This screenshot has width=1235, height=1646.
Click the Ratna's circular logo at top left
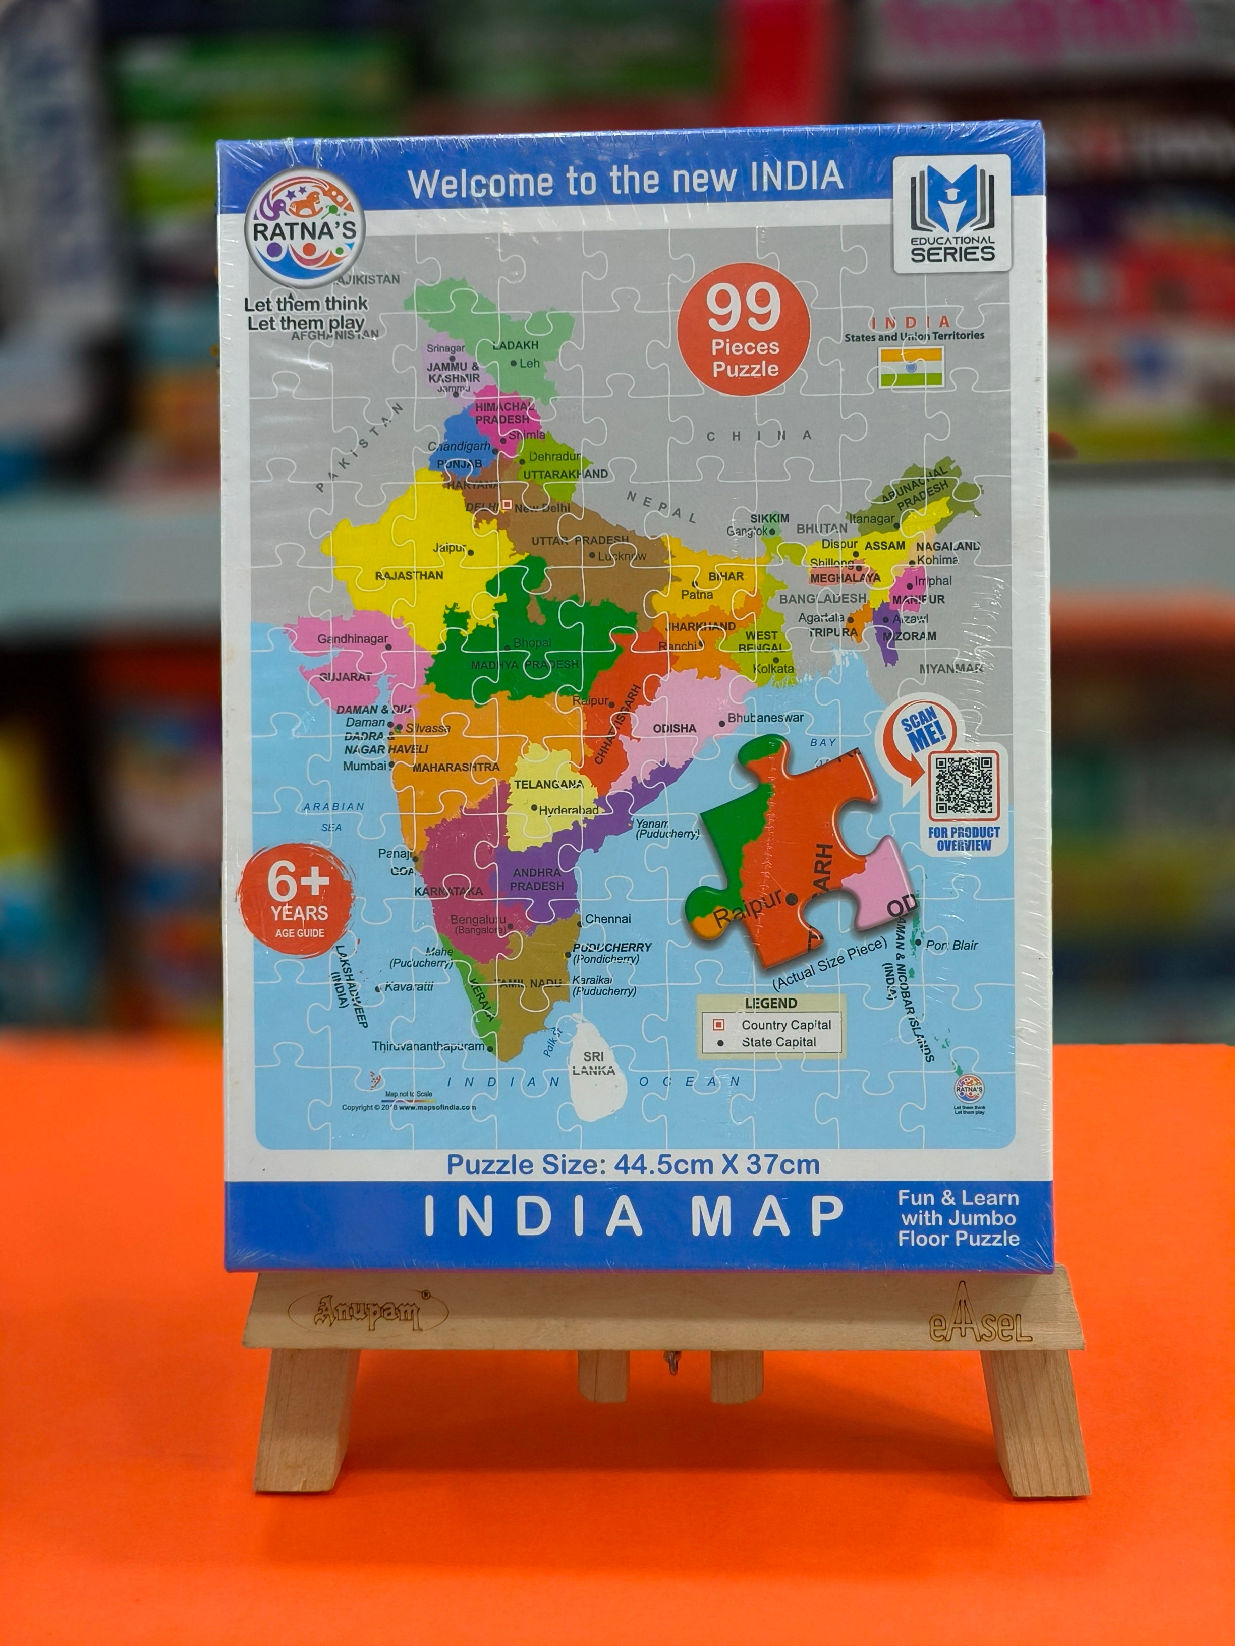pos(305,231)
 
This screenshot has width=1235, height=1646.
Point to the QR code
pos(964,786)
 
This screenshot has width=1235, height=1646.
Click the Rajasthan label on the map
pos(409,575)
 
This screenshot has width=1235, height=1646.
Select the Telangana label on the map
pos(549,784)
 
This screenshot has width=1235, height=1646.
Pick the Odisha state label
pos(675,728)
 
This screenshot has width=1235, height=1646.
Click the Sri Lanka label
pos(593,1064)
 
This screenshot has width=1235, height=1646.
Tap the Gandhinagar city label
pos(353,638)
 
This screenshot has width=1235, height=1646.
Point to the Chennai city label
pos(607,919)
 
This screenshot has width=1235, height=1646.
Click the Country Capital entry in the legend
pos(785,1025)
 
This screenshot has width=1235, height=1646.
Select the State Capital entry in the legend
pos(778,1042)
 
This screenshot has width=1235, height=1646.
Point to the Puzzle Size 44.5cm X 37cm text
pos(633,1164)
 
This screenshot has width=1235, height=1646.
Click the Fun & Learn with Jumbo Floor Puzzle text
pos(958,1218)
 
